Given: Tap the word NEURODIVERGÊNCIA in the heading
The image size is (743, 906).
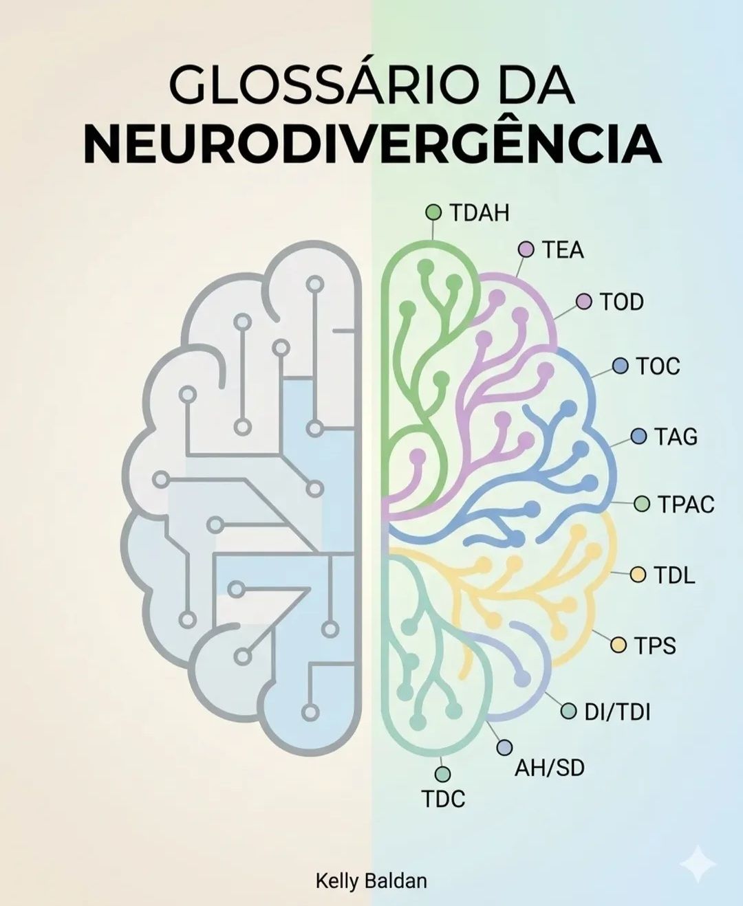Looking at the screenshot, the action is [x=372, y=144].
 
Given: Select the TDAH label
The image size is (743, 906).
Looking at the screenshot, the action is [x=480, y=213].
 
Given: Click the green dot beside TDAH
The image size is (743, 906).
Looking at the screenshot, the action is [x=433, y=212].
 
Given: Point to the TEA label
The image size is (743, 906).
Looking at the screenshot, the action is [x=563, y=250].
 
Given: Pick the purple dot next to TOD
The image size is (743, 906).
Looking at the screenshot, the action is [x=584, y=302].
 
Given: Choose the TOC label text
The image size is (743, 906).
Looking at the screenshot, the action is [x=658, y=366].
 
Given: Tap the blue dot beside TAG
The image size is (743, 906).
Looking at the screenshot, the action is [x=639, y=437].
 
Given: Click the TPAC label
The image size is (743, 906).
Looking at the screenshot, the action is [x=685, y=505].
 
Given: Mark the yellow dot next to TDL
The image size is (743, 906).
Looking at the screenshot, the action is [x=638, y=575].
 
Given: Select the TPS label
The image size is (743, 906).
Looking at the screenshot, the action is [x=655, y=645].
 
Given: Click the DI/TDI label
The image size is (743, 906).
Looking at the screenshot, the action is [x=617, y=712].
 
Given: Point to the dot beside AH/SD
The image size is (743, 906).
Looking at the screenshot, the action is [x=504, y=747].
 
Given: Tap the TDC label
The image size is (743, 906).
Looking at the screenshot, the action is [x=444, y=799].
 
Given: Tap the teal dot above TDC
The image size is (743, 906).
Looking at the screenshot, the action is [x=442, y=774].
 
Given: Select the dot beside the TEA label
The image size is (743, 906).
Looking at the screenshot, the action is [x=526, y=250].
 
